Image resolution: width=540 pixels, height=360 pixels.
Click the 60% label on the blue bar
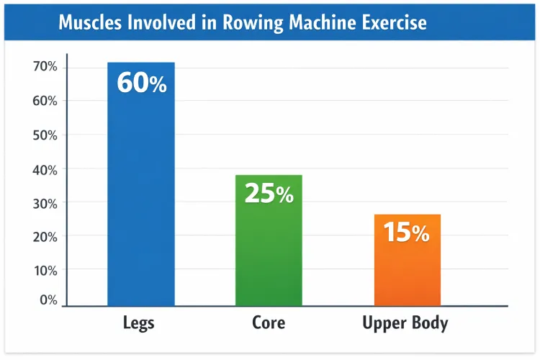[141, 84]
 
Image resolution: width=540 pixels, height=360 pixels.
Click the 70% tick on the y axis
[44, 67]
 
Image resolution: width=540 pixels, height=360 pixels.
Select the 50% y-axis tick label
[44, 135]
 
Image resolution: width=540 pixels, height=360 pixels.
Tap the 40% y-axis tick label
[44, 170]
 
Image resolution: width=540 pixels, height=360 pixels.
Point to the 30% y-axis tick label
[44, 204]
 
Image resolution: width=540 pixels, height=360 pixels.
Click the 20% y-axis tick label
[44, 236]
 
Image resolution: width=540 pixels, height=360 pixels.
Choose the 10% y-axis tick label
[44, 270]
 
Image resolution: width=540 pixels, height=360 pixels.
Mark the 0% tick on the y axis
[48, 300]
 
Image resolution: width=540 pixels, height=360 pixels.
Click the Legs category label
[140, 323]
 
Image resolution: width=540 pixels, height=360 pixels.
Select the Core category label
[269, 323]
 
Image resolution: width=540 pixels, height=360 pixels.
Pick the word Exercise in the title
[390, 23]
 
